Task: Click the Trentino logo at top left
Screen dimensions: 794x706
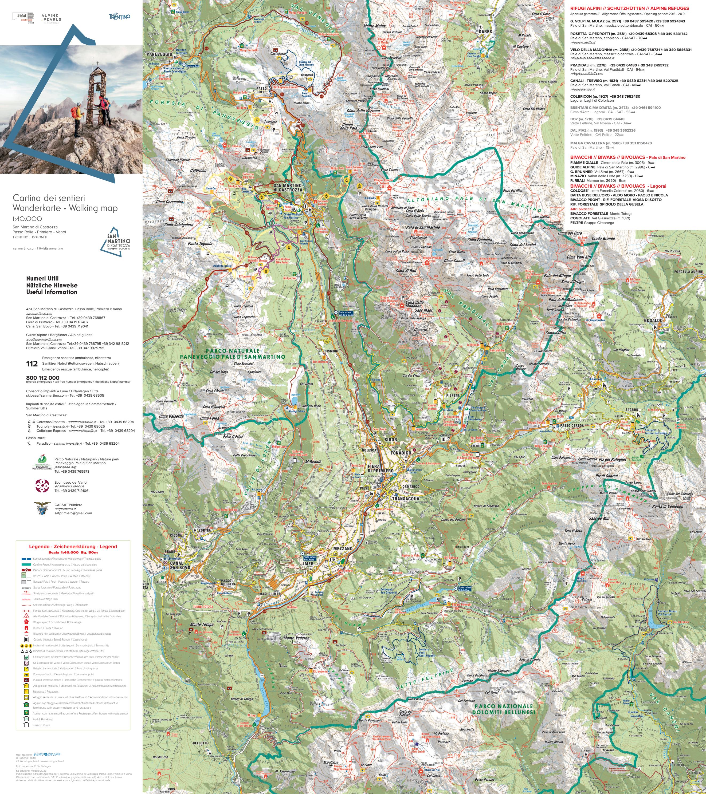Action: pyautogui.click(x=119, y=17)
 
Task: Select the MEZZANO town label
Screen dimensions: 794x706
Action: pyautogui.click(x=342, y=548)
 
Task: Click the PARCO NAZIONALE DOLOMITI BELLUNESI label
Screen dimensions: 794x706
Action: pyautogui.click(x=503, y=709)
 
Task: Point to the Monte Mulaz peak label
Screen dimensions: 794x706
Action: pyautogui.click(x=374, y=26)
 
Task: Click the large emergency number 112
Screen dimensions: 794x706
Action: pyautogui.click(x=32, y=364)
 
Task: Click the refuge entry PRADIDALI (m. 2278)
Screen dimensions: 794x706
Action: pyautogui.click(x=588, y=65)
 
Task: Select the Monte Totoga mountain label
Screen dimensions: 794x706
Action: pyautogui.click(x=201, y=624)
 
